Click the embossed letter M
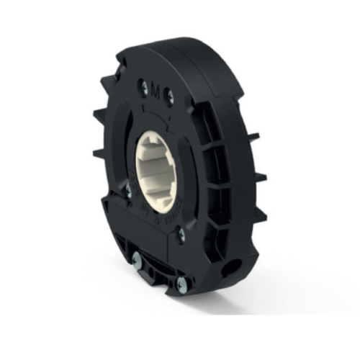(156, 91)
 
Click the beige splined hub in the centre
(156, 171)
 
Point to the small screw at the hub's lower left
(129, 191)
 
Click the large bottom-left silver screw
(137, 259)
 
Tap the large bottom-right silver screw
(181, 285)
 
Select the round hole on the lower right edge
(232, 266)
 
